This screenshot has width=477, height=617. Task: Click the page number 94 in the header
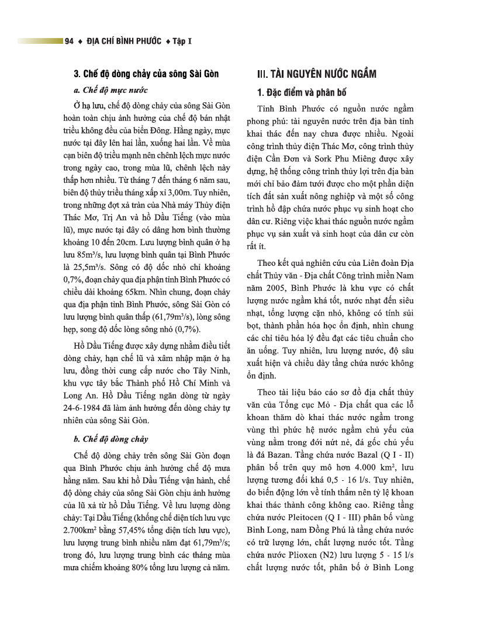tap(70, 41)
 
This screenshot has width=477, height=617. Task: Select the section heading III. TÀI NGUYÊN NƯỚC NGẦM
tap(317, 74)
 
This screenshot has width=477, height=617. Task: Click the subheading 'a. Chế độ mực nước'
tap(110, 91)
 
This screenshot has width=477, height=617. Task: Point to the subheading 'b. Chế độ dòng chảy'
tap(110, 439)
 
